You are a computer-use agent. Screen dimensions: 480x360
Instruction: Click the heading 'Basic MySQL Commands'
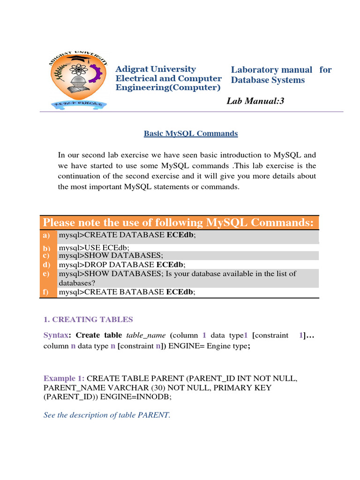pyautogui.click(x=191, y=134)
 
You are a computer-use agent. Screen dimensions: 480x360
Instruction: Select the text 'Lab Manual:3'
pyautogui.click(x=255, y=101)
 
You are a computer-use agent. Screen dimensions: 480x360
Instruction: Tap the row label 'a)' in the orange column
pyautogui.click(x=46, y=235)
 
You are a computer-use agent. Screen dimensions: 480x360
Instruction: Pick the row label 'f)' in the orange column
pyautogui.click(x=46, y=292)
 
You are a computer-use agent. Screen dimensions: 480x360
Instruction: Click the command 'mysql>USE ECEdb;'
pyautogui.click(x=94, y=247)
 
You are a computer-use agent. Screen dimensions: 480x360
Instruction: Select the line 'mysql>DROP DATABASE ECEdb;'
pyautogui.click(x=122, y=264)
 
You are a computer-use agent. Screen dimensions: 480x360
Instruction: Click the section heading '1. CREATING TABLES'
pyautogui.click(x=88, y=319)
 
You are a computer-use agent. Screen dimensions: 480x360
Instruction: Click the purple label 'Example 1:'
pyautogui.click(x=64, y=378)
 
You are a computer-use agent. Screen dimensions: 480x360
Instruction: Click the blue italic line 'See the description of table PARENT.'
pyautogui.click(x=107, y=415)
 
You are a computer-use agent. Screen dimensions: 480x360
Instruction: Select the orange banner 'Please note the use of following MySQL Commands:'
pyautogui.click(x=178, y=222)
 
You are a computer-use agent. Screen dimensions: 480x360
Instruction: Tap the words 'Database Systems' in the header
pyautogui.click(x=268, y=80)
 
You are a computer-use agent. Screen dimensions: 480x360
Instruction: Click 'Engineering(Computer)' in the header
pyautogui.click(x=168, y=88)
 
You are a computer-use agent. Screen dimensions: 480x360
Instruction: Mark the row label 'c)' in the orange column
pyautogui.click(x=46, y=255)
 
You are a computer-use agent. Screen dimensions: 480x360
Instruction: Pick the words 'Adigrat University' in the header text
pyautogui.click(x=156, y=69)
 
